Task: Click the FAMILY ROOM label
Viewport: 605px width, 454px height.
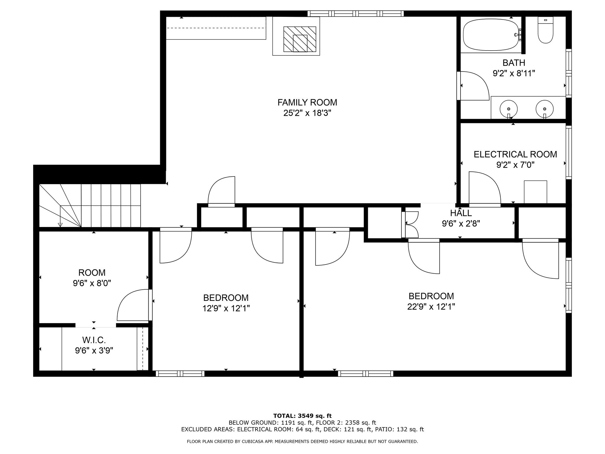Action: click(307, 103)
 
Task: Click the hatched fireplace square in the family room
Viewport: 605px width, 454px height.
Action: click(300, 39)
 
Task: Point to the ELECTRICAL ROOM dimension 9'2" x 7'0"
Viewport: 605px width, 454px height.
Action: click(515, 165)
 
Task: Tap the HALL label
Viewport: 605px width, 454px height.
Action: click(461, 213)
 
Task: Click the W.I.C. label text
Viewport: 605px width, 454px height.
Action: click(94, 340)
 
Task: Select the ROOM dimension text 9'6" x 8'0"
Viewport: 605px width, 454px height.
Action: click(92, 283)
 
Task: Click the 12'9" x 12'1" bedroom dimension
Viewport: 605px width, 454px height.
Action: click(226, 309)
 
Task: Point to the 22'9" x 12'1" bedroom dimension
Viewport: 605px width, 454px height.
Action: click(431, 307)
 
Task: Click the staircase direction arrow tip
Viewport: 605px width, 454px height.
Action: click(60, 225)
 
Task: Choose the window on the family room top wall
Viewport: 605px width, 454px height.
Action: click(355, 14)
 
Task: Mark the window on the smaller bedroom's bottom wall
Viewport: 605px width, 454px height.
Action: click(180, 374)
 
